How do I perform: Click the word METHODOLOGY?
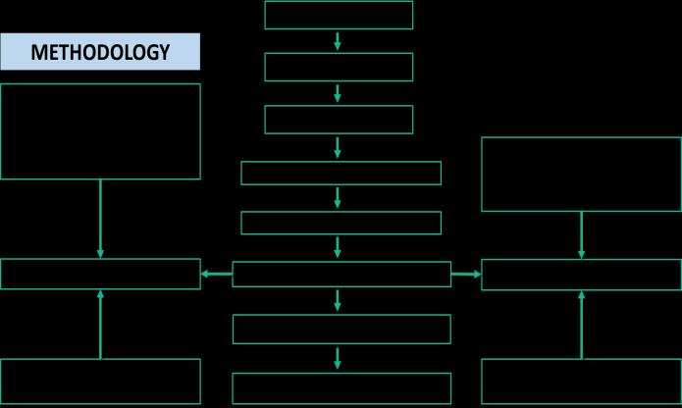tap(100, 52)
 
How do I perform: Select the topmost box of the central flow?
tap(339, 15)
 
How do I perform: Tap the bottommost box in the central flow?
tap(341, 388)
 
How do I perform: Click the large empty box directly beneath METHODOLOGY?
tap(100, 131)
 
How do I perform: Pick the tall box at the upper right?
tap(581, 175)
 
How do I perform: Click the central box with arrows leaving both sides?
tap(341, 275)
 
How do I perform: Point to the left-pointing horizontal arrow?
tap(217, 275)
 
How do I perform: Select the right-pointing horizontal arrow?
tap(466, 275)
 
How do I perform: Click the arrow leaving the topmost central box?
tap(339, 41)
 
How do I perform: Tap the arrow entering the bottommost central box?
tap(339, 358)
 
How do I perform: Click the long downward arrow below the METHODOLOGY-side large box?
tap(100, 219)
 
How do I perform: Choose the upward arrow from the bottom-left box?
tap(100, 324)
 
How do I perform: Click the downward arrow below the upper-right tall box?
tap(581, 235)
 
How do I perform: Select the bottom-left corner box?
tap(100, 382)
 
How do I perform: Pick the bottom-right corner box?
tap(581, 382)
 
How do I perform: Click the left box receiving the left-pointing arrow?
tap(100, 275)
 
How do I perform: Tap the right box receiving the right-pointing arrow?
tap(581, 275)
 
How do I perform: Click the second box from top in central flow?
tap(339, 67)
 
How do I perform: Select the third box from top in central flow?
tap(339, 120)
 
